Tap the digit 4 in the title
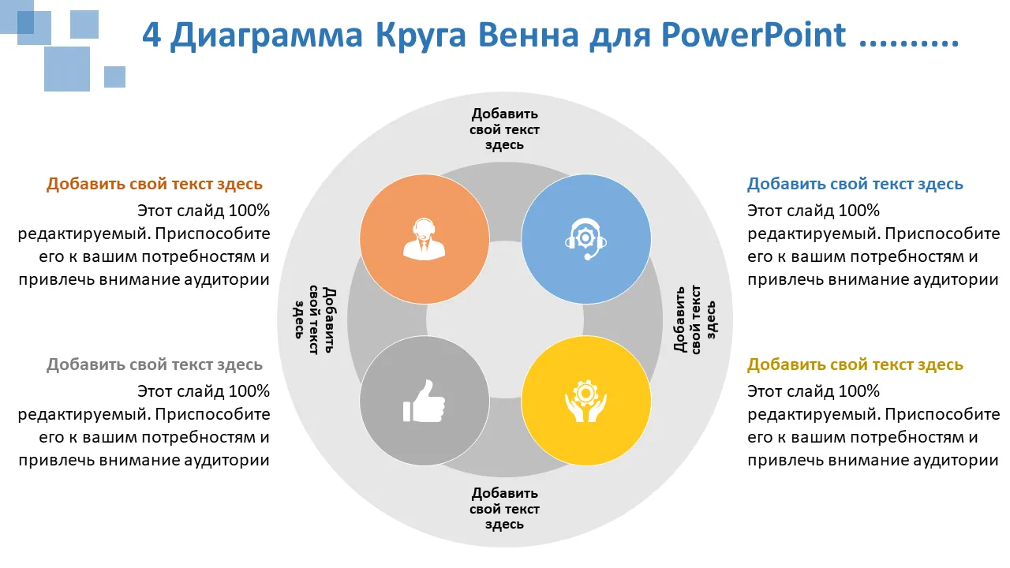point(151,35)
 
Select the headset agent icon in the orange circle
point(424,239)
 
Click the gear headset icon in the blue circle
point(585,239)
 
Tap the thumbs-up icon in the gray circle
point(424,401)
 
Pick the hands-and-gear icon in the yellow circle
point(585,401)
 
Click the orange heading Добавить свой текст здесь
point(154,184)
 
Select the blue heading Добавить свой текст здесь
point(855,184)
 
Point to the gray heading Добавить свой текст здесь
point(154,364)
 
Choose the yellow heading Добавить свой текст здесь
point(855,364)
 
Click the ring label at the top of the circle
point(504,129)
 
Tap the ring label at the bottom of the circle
point(504,509)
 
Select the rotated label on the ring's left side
point(315,319)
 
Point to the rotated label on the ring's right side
point(694,319)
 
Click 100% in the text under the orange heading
point(249,211)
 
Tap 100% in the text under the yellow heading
point(858,391)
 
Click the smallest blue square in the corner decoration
point(114,77)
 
